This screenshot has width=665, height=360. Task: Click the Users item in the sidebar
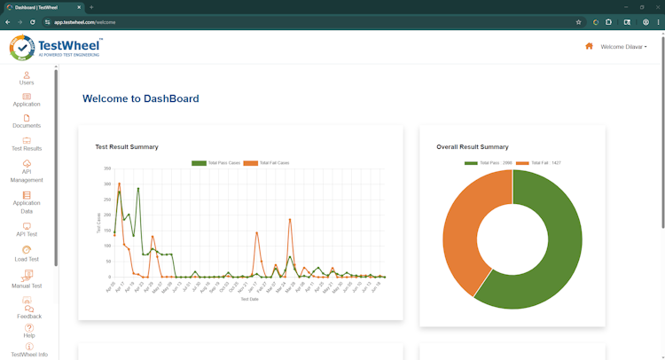pyautogui.click(x=27, y=78)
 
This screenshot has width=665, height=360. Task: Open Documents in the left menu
pyautogui.click(x=27, y=121)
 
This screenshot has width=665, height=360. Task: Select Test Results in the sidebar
pyautogui.click(x=27, y=144)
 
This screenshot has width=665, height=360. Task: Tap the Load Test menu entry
pyautogui.click(x=27, y=254)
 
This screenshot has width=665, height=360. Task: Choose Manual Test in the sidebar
pyautogui.click(x=27, y=280)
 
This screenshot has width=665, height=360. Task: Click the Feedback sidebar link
pyautogui.click(x=29, y=311)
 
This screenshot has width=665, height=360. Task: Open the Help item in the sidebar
pyautogui.click(x=29, y=331)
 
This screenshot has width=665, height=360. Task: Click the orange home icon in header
pyautogui.click(x=589, y=46)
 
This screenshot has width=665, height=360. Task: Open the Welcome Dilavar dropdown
pyautogui.click(x=623, y=47)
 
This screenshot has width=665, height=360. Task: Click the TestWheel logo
pyautogui.click(x=56, y=47)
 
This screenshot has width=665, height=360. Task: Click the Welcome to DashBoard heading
pyautogui.click(x=140, y=98)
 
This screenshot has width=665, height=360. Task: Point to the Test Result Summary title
pyautogui.click(x=127, y=147)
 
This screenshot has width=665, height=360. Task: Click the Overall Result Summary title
pyautogui.click(x=473, y=147)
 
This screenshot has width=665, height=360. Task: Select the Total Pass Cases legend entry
pyautogui.click(x=216, y=163)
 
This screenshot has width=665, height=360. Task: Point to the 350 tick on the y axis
pyautogui.click(x=107, y=168)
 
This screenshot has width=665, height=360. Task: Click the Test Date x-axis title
pyautogui.click(x=249, y=299)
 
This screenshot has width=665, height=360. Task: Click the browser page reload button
pyautogui.click(x=33, y=22)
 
